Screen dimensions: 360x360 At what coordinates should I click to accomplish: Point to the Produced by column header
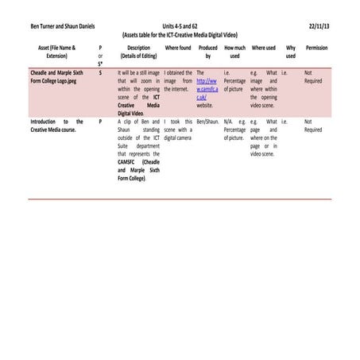coord(208,52)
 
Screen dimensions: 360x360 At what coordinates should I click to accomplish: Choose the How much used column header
coord(234,52)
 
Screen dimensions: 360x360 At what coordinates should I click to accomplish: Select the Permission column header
coord(316,48)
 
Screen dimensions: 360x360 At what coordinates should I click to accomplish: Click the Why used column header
coord(290,52)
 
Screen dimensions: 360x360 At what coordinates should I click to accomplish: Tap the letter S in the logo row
coord(100,72)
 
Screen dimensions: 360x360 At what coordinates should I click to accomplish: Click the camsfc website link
coord(207,88)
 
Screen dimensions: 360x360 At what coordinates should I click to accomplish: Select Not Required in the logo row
coord(313,76)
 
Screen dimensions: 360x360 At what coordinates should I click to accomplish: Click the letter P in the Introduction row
coord(100,122)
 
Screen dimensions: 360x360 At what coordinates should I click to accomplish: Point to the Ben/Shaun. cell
coord(207,122)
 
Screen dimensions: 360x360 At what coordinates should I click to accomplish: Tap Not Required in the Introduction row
coord(313,126)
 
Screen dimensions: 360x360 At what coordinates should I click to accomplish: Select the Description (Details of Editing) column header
coord(138,52)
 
